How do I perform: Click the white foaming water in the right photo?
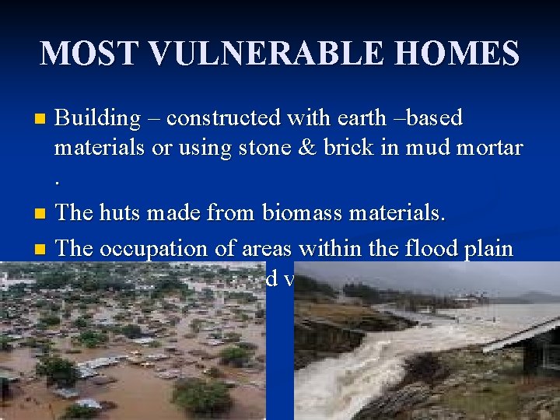[x=342, y=381]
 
